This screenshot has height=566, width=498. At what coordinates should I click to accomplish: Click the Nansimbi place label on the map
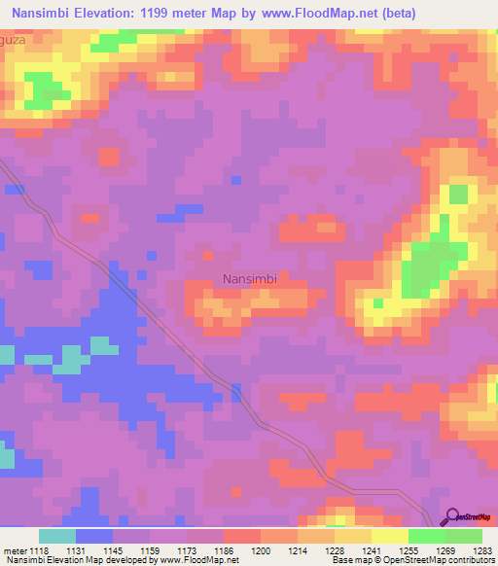pyautogui.click(x=251, y=278)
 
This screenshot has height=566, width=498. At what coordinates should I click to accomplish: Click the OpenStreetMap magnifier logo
pyautogui.click(x=451, y=518)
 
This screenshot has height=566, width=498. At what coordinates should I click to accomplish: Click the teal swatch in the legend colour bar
pyautogui.click(x=57, y=536)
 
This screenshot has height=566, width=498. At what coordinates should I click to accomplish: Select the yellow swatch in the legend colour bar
pyautogui.click(x=389, y=536)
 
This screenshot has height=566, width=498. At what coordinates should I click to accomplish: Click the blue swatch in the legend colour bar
pyautogui.click(x=94, y=536)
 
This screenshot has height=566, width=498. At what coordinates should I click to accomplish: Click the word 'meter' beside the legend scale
pyautogui.click(x=13, y=550)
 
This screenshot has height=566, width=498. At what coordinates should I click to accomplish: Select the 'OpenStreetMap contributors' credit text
pyautogui.click(x=443, y=560)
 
